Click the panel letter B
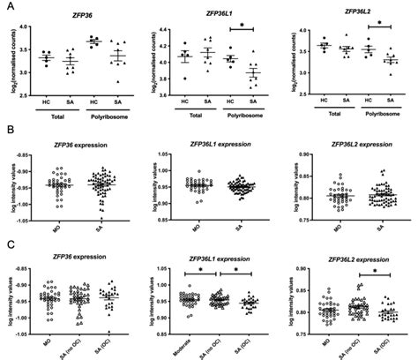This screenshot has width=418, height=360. point(9,130)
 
